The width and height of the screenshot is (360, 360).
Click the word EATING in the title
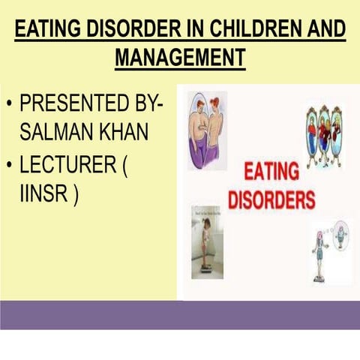(48, 30)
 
